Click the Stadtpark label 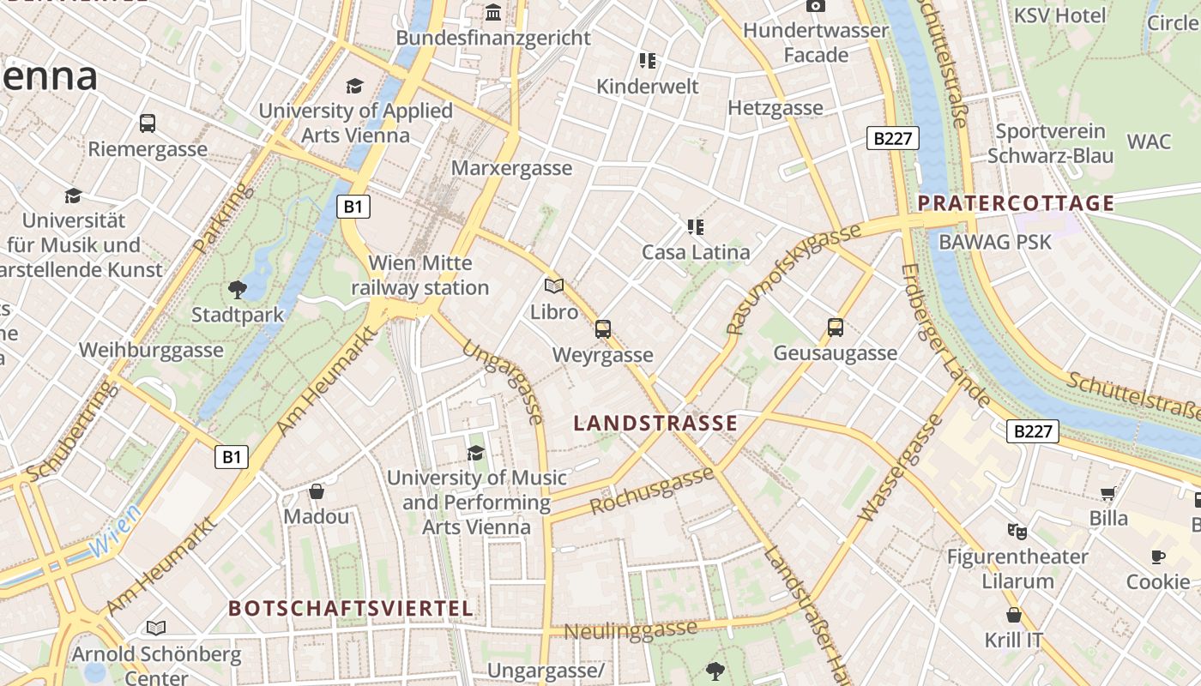click(x=238, y=315)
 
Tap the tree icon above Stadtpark click(x=238, y=290)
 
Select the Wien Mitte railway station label click(x=420, y=275)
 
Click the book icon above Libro click(x=554, y=286)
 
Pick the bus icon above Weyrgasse click(x=603, y=328)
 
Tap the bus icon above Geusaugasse click(x=836, y=327)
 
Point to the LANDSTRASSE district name click(x=655, y=423)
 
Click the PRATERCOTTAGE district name click(x=1016, y=203)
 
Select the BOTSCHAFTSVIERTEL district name click(x=350, y=609)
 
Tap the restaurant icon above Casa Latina click(x=696, y=227)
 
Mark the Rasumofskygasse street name click(x=793, y=280)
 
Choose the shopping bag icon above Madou click(x=317, y=491)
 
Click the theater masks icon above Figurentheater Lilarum click(x=1017, y=531)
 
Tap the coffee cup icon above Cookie click(x=1158, y=557)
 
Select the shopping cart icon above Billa click(x=1108, y=493)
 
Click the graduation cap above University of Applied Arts click(x=354, y=86)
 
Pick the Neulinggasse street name click(x=631, y=630)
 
